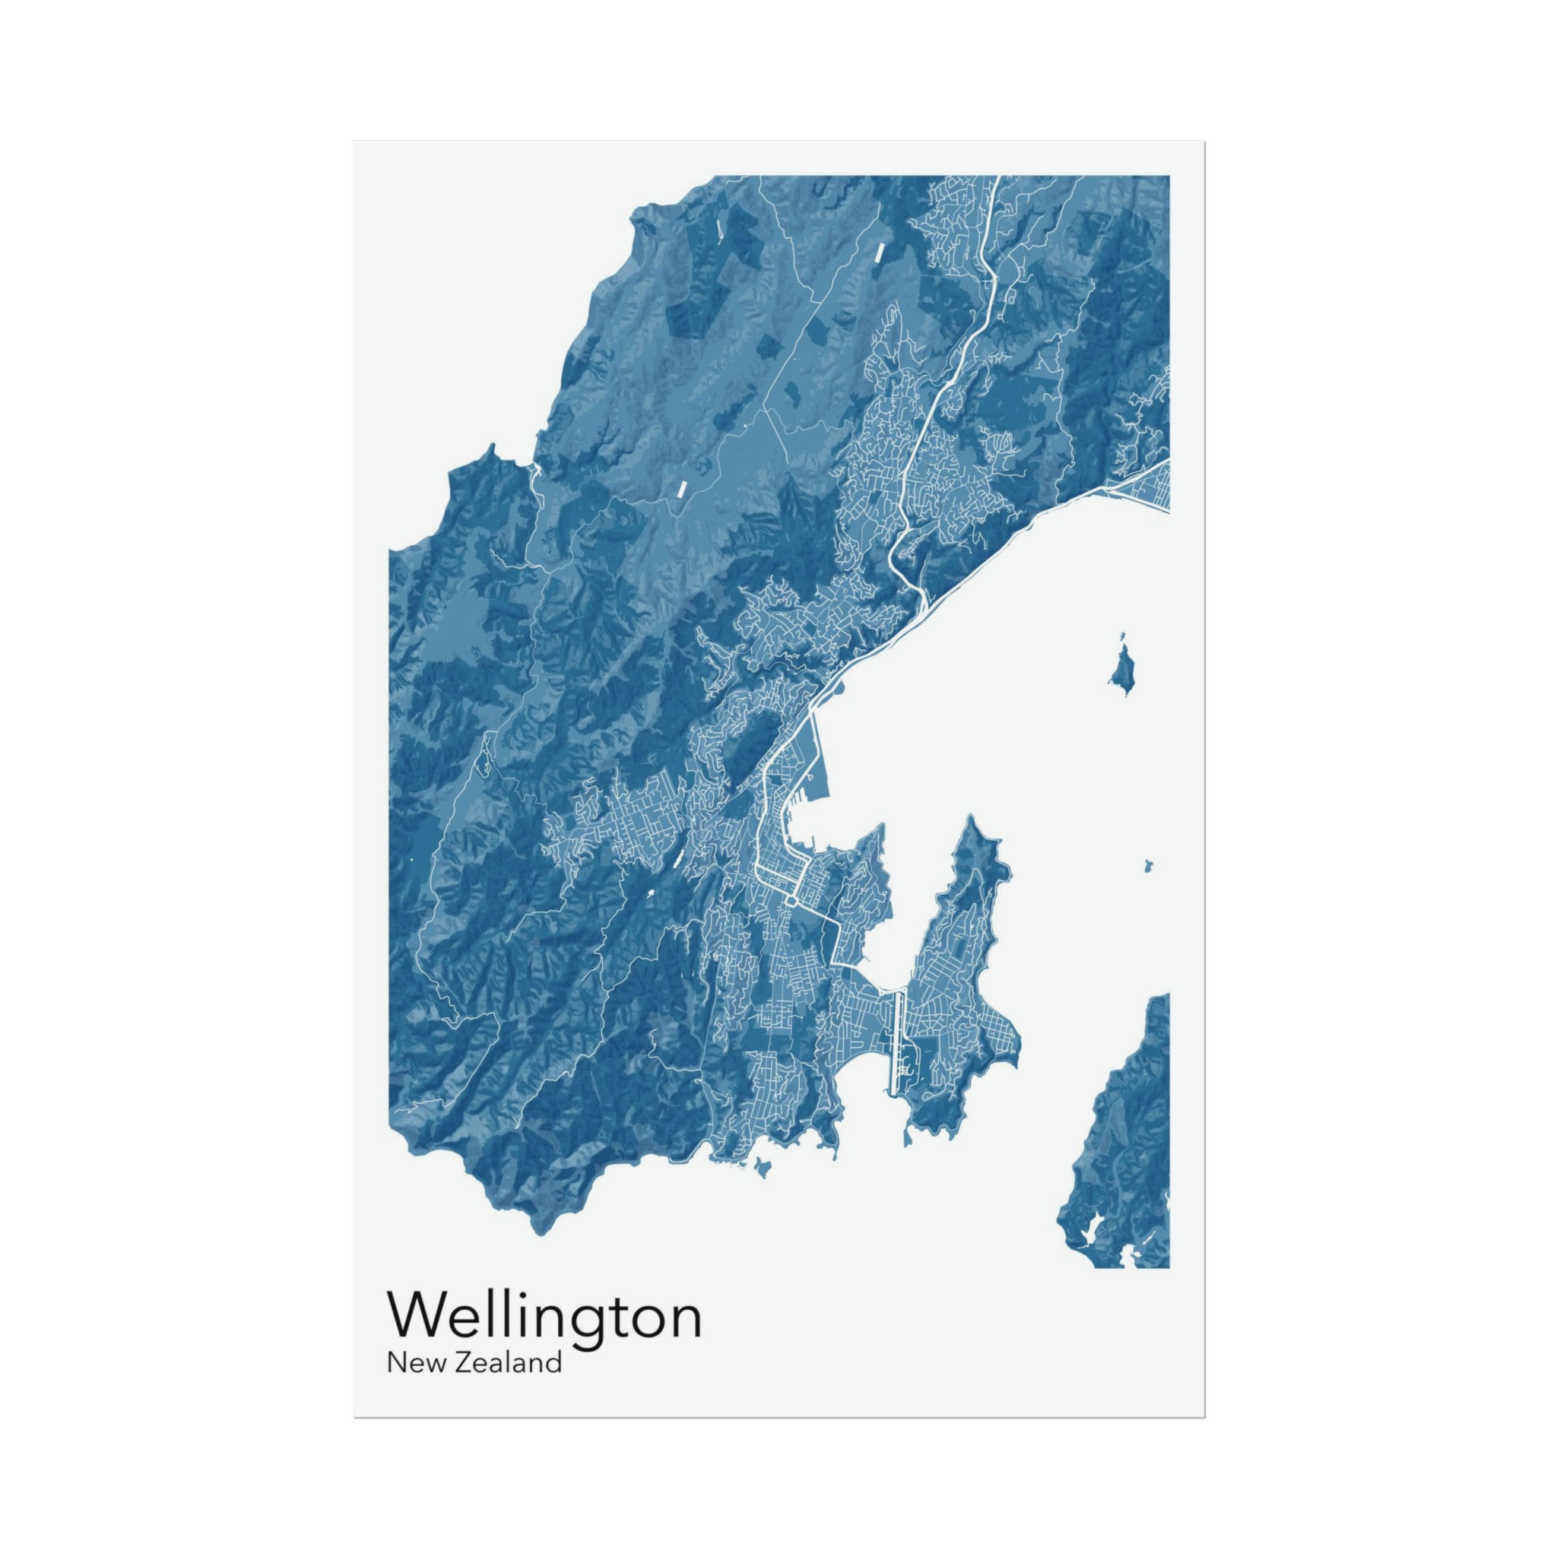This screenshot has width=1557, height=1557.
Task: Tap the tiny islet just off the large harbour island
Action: [1122, 637]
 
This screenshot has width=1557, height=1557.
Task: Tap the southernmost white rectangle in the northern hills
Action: [681, 488]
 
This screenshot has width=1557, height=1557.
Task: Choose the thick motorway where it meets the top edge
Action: [997, 179]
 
